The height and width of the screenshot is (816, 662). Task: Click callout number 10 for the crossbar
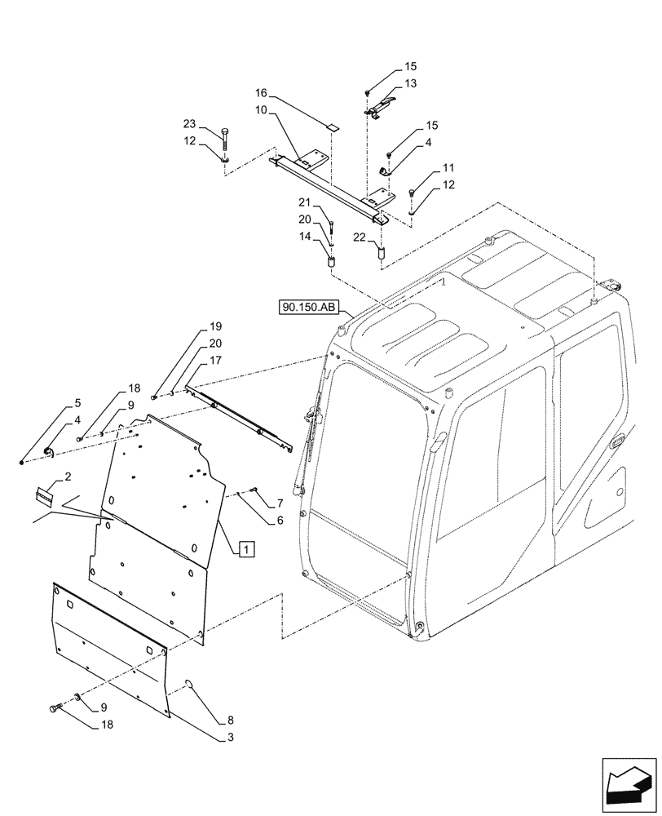(x=263, y=109)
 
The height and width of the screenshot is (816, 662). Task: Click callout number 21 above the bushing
(x=305, y=202)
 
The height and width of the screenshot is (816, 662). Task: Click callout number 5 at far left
(x=77, y=403)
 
